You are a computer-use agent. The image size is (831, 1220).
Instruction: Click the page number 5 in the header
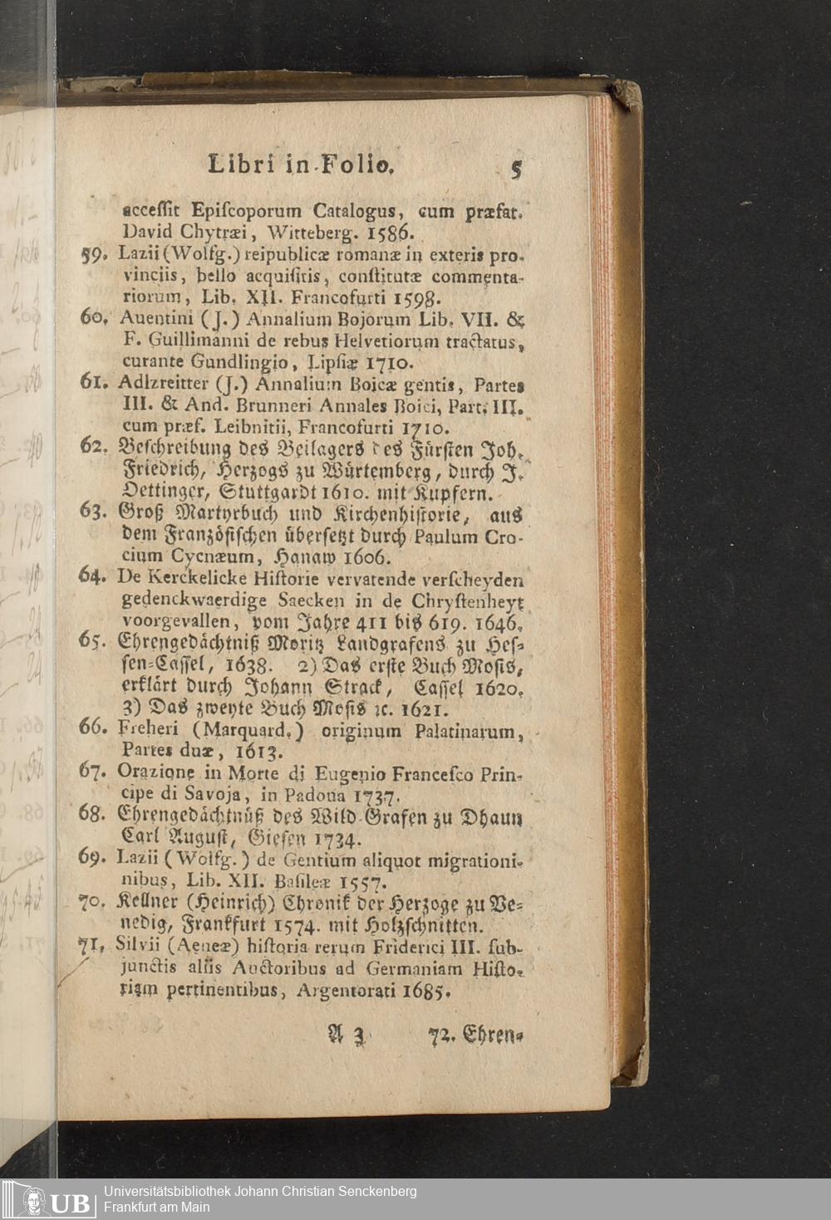click(516, 169)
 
